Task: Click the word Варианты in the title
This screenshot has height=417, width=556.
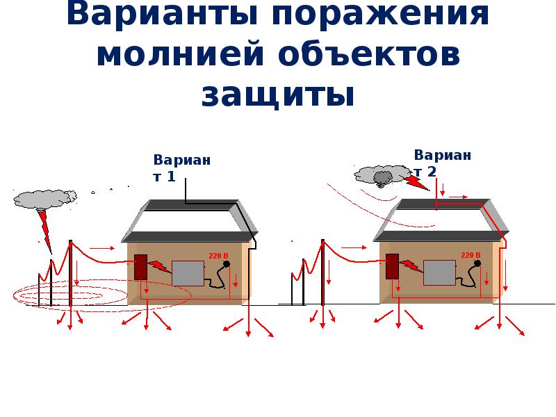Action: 163,15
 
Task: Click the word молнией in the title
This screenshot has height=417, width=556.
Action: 180,56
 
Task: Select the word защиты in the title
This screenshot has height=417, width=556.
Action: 278,95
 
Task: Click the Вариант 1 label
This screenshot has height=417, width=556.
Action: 181,168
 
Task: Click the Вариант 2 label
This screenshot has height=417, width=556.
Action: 442,163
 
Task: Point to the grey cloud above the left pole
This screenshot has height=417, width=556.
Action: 43,199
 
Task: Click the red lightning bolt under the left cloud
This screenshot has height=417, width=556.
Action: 45,229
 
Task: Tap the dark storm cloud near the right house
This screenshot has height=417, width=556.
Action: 382,176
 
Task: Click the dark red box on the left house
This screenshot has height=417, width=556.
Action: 140,267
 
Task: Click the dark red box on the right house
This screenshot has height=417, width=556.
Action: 392,266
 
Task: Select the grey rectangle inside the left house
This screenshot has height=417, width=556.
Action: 188,273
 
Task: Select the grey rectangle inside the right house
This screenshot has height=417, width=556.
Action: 439,273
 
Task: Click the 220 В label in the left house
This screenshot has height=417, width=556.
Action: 218,256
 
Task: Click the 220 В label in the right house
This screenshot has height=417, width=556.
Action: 471,255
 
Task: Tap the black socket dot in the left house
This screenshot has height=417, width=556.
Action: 226,263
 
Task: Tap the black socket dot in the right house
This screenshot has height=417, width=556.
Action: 477,263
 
